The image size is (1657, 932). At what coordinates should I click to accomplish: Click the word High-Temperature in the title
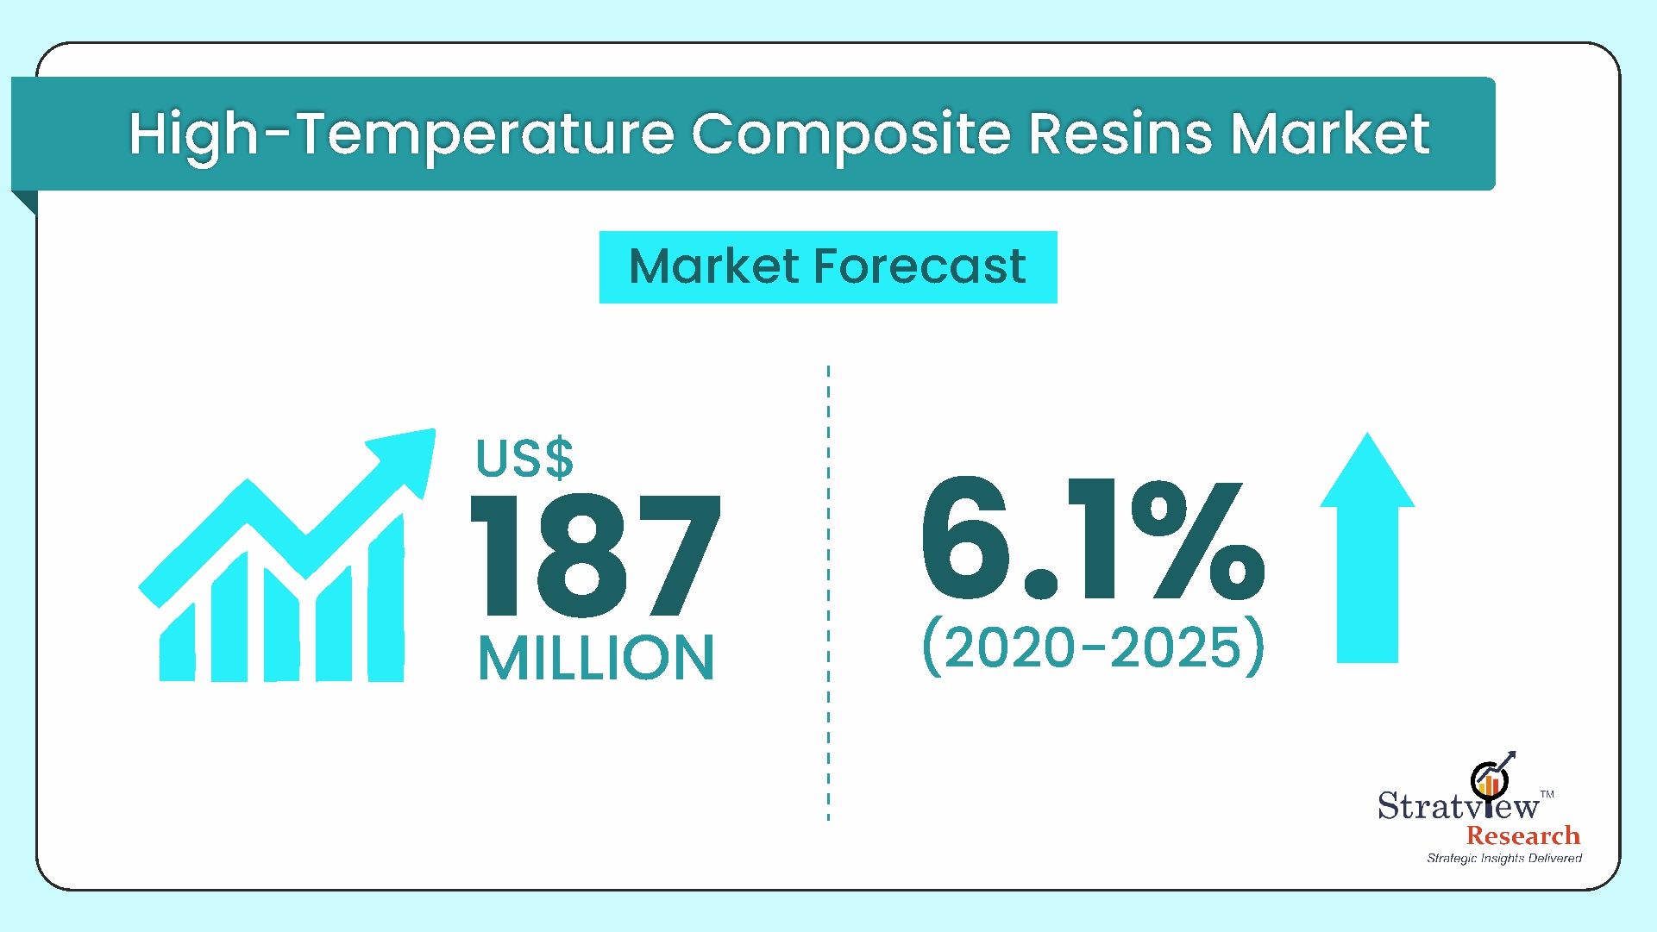(x=401, y=136)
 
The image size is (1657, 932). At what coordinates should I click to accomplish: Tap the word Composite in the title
(x=850, y=136)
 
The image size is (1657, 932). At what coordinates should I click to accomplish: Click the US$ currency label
(x=524, y=458)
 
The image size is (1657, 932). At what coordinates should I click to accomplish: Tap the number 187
(x=595, y=556)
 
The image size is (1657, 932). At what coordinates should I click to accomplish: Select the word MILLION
(x=596, y=658)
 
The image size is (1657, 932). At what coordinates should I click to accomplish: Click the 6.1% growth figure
(x=1092, y=539)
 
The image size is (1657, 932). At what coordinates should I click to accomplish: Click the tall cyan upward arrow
(x=1367, y=547)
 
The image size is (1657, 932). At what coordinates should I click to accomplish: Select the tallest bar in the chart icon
(x=386, y=599)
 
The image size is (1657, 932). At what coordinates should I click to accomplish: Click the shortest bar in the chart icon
(x=178, y=643)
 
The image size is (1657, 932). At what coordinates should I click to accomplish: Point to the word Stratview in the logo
(x=1459, y=805)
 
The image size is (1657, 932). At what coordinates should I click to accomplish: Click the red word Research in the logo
(x=1523, y=835)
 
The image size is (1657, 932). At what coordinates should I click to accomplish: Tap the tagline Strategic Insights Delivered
(x=1504, y=858)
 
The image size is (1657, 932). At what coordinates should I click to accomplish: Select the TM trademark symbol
(x=1547, y=794)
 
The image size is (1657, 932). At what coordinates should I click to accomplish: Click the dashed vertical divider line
(x=828, y=593)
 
